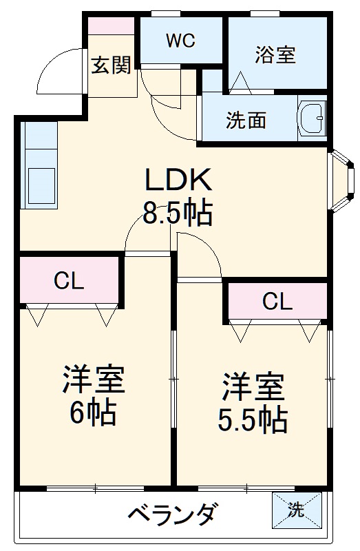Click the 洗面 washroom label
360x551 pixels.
click(x=246, y=120)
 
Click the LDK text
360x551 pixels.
click(x=176, y=180)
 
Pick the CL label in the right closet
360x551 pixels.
click(x=277, y=301)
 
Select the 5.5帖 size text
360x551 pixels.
click(x=252, y=420)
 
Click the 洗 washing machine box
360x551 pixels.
click(x=295, y=510)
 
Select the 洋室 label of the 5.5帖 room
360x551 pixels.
click(x=252, y=388)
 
